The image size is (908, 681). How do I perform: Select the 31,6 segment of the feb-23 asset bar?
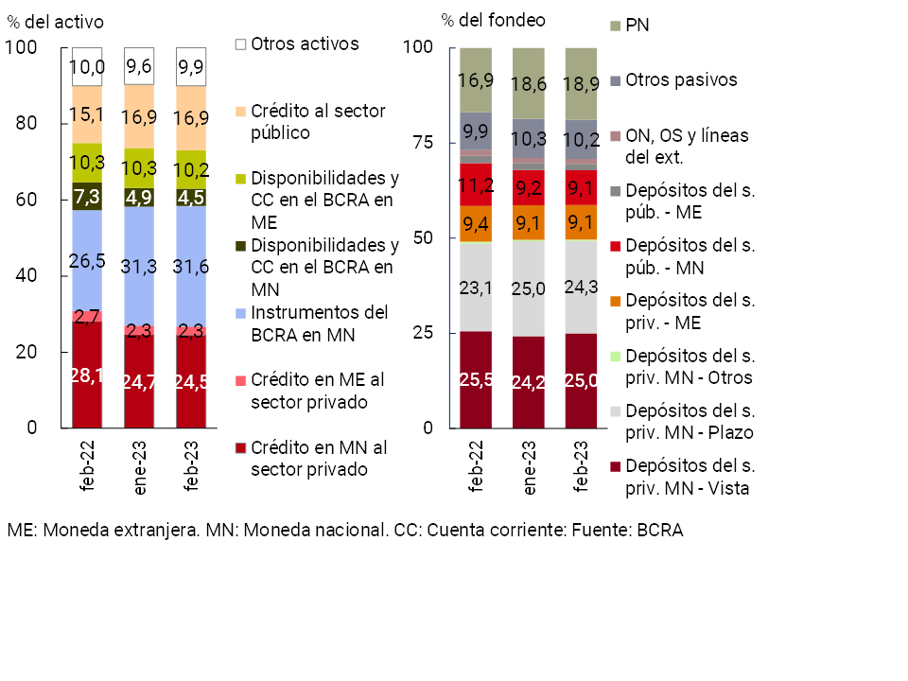click(191, 268)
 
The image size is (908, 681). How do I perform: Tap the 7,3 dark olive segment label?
click(87, 197)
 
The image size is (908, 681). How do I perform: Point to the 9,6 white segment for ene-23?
click(139, 66)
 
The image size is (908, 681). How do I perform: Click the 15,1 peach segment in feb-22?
click(87, 115)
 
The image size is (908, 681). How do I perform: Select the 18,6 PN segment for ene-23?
click(529, 84)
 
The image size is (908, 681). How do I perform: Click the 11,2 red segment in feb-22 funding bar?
click(476, 185)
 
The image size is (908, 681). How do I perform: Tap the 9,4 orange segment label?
click(476, 224)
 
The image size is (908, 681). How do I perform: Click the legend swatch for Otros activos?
click(240, 44)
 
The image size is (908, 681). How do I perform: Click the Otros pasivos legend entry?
click(681, 79)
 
